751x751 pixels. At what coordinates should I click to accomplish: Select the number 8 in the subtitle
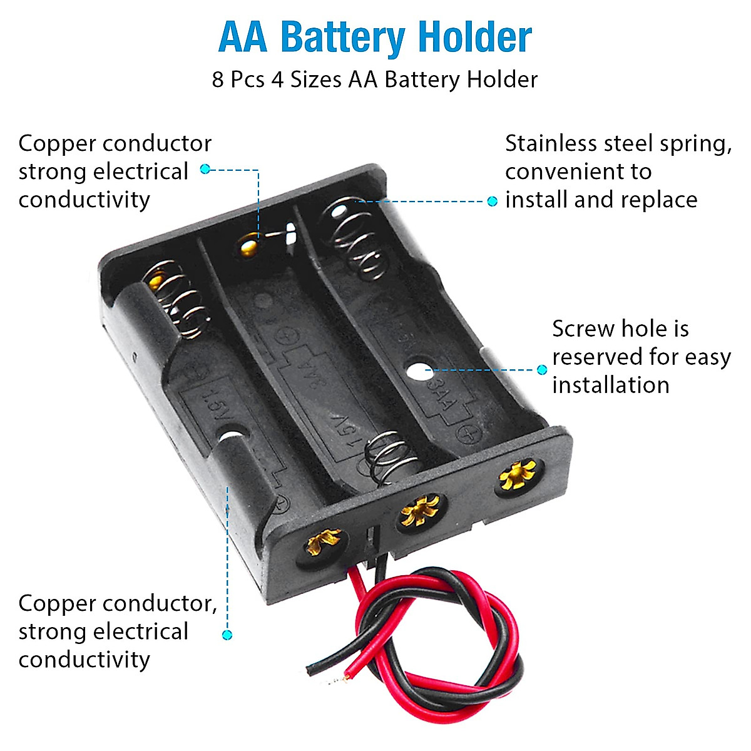(x=218, y=80)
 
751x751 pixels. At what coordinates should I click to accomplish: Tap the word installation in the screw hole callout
(x=610, y=384)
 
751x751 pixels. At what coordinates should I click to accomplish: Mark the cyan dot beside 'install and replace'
(x=493, y=201)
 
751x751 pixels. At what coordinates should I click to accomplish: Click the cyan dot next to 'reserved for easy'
(x=542, y=370)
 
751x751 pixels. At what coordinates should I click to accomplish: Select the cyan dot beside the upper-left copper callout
(x=205, y=169)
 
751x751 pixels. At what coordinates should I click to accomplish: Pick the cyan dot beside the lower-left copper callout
(x=227, y=635)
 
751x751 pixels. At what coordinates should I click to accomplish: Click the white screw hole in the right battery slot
(x=417, y=369)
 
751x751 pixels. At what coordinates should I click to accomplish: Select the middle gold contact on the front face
(x=421, y=510)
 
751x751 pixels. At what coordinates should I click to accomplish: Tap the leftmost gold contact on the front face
(x=324, y=541)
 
